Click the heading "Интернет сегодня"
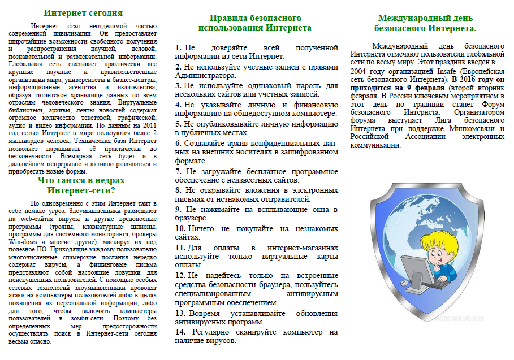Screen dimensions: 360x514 coord(83,12)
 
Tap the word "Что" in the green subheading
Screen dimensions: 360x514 coord(47,180)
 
